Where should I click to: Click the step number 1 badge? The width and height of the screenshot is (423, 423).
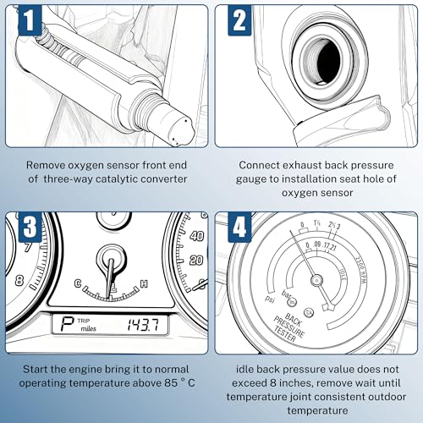30,20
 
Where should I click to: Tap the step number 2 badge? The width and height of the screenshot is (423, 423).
239,20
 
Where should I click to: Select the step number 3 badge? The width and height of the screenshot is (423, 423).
30,227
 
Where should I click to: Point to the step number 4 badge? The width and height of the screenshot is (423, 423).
239,227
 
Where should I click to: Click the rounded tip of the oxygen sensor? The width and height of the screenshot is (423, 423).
179,129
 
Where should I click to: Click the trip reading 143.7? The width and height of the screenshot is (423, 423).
143,325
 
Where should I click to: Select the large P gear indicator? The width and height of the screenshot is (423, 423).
67,325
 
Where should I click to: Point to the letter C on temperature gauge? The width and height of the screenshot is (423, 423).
78,283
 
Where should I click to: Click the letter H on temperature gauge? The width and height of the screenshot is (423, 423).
144,283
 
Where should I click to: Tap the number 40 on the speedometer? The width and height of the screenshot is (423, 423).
196,236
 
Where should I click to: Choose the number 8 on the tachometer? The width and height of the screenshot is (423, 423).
19,280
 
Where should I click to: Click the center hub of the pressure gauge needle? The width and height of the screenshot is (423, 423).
316,280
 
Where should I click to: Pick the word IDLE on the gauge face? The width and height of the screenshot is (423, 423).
343,274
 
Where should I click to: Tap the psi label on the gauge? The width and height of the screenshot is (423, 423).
270,299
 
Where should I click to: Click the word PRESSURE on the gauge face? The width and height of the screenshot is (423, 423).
289,327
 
